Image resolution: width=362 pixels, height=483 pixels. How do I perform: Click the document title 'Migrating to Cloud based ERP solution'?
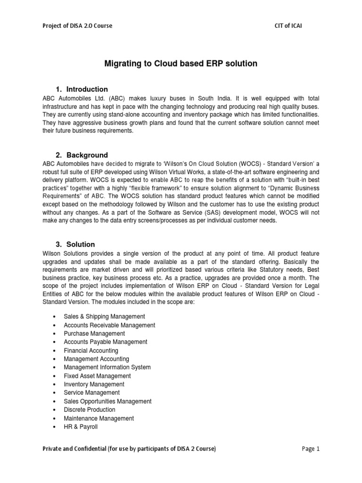[181, 64]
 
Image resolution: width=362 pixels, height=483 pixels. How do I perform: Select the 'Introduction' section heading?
[87, 89]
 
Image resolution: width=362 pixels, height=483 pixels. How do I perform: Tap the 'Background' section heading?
[87, 155]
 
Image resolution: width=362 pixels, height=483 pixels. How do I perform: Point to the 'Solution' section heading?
[81, 244]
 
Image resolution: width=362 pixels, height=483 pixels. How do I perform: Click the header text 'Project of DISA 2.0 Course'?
[77, 25]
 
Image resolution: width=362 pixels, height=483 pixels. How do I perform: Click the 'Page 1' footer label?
[311, 449]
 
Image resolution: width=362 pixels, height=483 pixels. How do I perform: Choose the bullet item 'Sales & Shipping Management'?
[104, 316]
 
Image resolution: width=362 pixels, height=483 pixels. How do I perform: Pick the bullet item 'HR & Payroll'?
[81, 427]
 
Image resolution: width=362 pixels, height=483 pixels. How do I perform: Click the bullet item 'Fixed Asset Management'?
[97, 376]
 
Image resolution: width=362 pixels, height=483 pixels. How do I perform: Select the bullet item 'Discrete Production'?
[90, 410]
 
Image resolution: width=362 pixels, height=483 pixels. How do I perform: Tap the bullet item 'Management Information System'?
[107, 367]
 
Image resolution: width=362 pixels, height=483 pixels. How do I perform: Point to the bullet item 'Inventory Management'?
[94, 384]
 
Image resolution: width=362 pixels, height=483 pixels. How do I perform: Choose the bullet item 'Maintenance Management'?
[99, 418]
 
